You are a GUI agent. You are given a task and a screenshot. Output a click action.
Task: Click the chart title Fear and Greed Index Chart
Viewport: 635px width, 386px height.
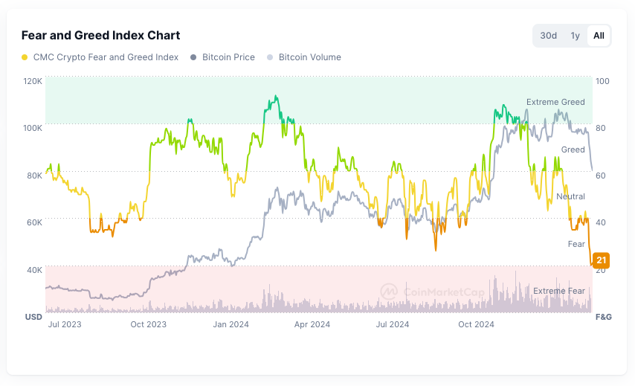click(x=100, y=35)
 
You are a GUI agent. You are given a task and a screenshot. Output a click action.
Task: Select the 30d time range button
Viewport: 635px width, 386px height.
click(x=549, y=36)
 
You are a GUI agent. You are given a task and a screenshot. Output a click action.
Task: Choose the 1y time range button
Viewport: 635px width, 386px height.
click(x=575, y=36)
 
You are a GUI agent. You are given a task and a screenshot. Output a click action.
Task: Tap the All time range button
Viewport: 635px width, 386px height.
click(x=599, y=36)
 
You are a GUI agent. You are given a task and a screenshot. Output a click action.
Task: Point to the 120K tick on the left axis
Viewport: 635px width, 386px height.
click(x=33, y=80)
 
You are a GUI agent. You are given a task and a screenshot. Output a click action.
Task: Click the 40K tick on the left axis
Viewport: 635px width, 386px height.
click(x=33, y=269)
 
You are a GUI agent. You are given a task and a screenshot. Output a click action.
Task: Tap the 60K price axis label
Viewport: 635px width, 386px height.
click(x=33, y=222)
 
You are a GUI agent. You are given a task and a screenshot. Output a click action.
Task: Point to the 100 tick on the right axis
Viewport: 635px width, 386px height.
click(x=602, y=80)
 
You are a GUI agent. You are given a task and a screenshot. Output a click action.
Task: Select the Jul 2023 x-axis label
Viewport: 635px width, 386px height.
click(x=65, y=324)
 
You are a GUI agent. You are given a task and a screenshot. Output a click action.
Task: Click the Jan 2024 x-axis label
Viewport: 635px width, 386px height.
click(x=231, y=324)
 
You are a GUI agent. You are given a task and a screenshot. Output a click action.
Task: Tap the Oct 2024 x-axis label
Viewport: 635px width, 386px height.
click(x=476, y=324)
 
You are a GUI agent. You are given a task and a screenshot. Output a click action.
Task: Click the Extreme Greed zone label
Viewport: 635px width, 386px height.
click(x=555, y=102)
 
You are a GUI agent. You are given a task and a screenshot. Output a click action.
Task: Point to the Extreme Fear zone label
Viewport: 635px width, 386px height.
click(x=559, y=291)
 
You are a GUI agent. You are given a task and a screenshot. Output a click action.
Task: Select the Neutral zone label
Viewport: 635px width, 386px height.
click(x=570, y=196)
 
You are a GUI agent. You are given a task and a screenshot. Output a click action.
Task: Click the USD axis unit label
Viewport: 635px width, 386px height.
click(x=33, y=317)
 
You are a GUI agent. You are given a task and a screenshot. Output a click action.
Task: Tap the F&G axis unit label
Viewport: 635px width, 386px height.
click(x=603, y=317)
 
